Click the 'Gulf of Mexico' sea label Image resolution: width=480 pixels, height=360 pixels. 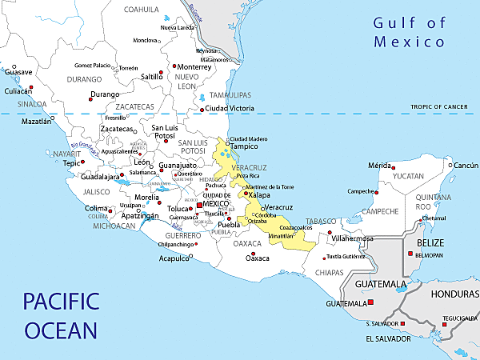[x=410, y=32]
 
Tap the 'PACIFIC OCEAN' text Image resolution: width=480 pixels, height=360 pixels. [x=61, y=315]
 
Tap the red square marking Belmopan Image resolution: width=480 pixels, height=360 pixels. [x=410, y=254]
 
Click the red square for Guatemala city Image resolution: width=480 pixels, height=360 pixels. [x=370, y=302]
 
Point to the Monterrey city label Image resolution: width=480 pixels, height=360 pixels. [x=195, y=67]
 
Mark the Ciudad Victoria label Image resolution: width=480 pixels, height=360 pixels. [x=230, y=108]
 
